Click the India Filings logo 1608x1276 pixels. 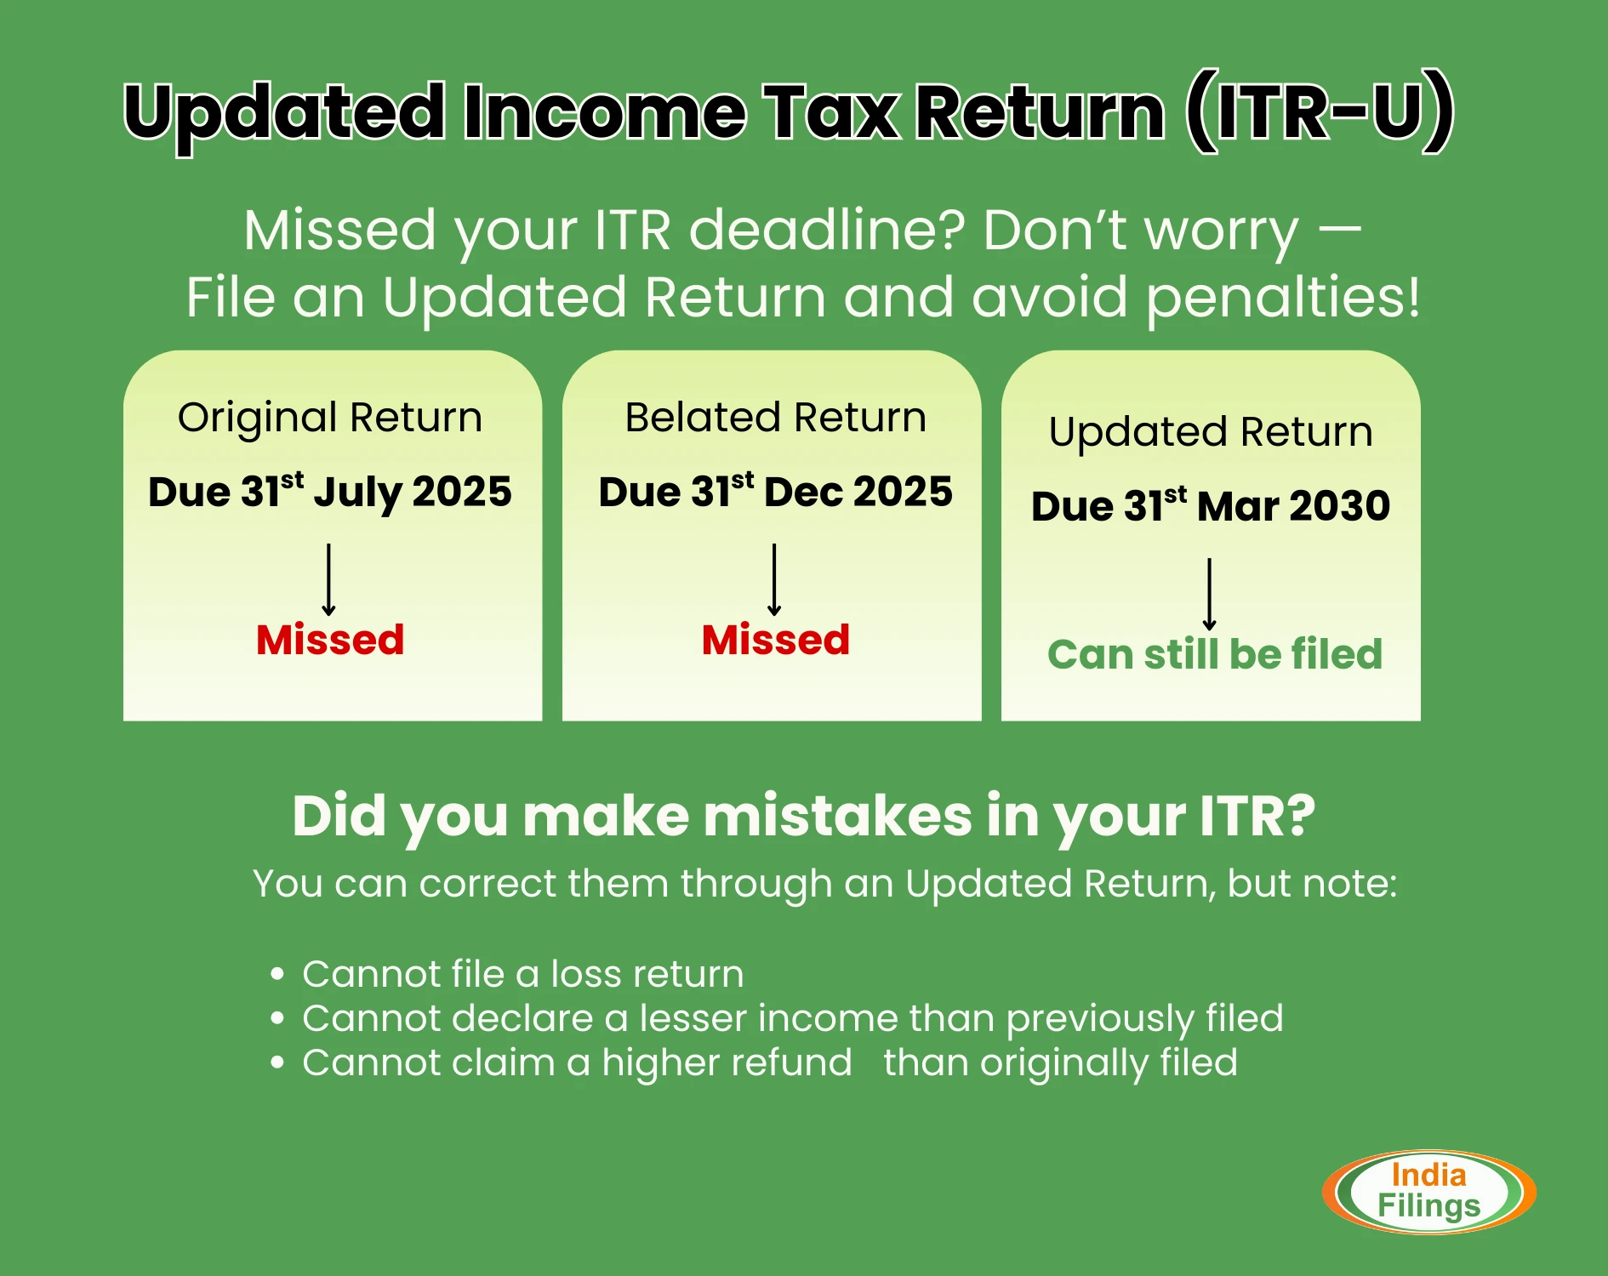coord(1429,1192)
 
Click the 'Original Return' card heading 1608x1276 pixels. coord(330,418)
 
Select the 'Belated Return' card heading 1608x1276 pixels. coord(775,418)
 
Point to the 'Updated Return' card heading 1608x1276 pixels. coord(1211,432)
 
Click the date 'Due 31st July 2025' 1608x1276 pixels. coord(330,492)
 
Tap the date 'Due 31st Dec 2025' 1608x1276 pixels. coord(775,491)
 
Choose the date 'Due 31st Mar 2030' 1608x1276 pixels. coord(1211,505)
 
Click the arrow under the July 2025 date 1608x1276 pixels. coord(329,579)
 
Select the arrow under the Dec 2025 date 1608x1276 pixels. coord(774,579)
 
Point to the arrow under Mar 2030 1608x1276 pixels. coord(1209,594)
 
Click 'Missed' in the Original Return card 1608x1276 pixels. coord(330,640)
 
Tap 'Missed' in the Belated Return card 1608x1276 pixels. coord(775,640)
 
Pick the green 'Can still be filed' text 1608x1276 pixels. coord(1215,654)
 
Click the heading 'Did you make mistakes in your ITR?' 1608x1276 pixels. coord(804,817)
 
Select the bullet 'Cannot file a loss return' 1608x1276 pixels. coord(522,974)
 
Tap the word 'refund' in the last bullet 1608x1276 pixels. coord(790,1062)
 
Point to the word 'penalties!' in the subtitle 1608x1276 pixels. coord(1283,299)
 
